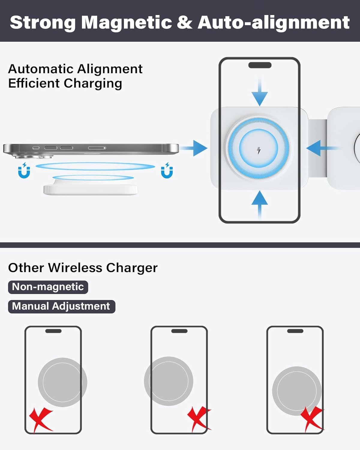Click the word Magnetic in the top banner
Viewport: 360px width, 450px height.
[x=126, y=22]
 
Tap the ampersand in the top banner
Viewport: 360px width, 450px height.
[x=184, y=22]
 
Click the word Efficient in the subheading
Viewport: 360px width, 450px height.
[x=34, y=83]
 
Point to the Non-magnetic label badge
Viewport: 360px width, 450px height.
[x=48, y=287]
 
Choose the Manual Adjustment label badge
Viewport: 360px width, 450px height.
[x=61, y=307]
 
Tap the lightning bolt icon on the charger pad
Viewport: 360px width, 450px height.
[x=259, y=150]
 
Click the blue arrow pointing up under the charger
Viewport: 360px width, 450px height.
[x=259, y=205]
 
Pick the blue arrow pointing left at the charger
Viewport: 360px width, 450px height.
[x=322, y=148]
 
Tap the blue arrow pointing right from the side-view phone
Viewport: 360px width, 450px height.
[x=193, y=148]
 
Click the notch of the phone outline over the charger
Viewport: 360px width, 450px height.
[x=260, y=65]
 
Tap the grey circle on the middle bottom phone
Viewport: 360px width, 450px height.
[x=169, y=381]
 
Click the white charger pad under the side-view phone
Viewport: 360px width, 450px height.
[x=91, y=187]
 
